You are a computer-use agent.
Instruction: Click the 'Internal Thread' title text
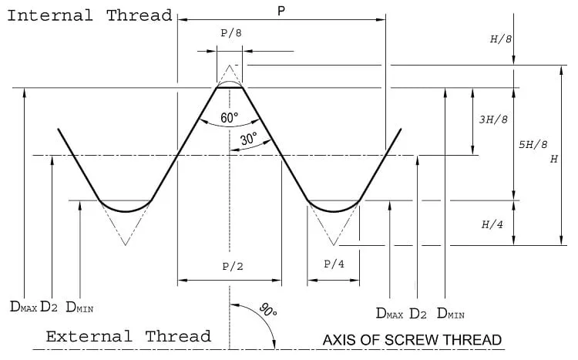(x=90, y=15)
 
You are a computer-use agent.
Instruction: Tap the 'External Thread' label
(x=128, y=336)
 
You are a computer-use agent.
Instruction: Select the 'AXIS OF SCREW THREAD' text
(x=412, y=340)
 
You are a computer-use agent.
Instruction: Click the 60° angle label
(x=230, y=118)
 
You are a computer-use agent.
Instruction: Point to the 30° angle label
(x=249, y=139)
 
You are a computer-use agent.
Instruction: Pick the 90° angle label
(x=268, y=310)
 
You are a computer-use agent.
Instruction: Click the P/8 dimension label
(x=231, y=33)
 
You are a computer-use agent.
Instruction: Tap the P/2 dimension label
(x=233, y=266)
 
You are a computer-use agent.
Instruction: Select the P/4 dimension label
(x=334, y=264)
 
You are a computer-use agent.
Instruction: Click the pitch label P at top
(x=281, y=11)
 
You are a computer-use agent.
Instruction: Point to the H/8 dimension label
(x=501, y=39)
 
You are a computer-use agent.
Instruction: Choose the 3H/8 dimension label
(x=493, y=119)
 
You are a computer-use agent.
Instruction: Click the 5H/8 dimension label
(x=533, y=144)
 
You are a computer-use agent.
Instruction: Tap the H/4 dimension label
(x=492, y=224)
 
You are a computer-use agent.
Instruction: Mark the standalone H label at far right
(x=553, y=159)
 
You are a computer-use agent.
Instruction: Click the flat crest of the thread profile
(x=230, y=88)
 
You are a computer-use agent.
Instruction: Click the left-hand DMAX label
(x=24, y=307)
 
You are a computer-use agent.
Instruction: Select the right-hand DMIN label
(x=451, y=314)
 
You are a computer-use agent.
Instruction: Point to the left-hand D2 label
(x=49, y=307)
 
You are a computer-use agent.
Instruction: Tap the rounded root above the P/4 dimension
(x=334, y=211)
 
